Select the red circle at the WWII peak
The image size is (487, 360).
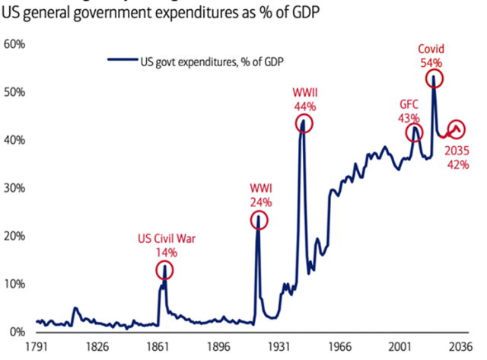tap(304, 123)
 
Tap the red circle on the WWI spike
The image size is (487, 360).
tap(259, 221)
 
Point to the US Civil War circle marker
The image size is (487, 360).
tap(165, 269)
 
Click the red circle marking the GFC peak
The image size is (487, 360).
tap(415, 132)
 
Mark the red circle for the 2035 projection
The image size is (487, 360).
tap(457, 129)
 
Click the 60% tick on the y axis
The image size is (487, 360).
tap(15, 44)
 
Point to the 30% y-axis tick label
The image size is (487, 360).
tap(15, 188)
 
